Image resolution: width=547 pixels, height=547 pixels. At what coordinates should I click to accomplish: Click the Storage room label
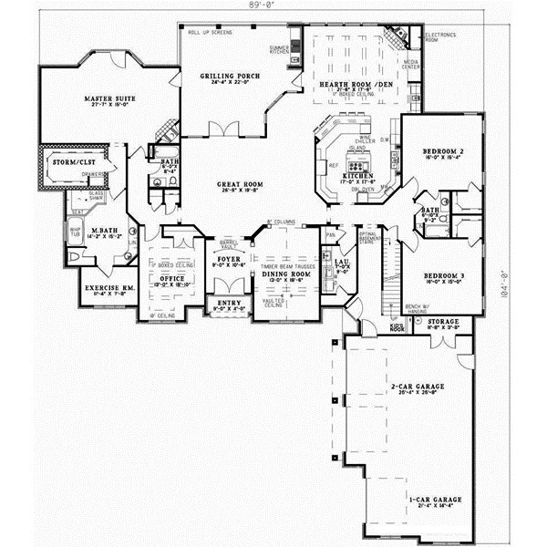[444, 321]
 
